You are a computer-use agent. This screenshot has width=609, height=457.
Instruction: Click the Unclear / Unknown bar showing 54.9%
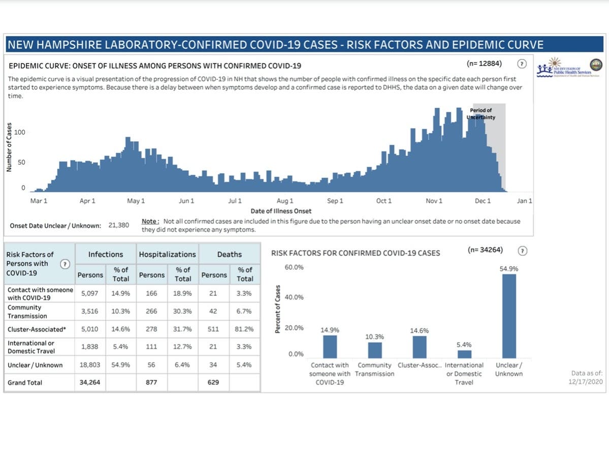click(x=508, y=316)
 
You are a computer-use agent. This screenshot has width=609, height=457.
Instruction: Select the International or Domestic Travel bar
click(x=464, y=354)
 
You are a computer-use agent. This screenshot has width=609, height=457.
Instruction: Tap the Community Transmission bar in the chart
click(x=374, y=350)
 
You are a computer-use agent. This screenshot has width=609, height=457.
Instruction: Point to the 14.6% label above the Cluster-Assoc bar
click(x=419, y=330)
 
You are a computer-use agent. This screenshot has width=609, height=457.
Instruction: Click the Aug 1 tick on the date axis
click(x=285, y=201)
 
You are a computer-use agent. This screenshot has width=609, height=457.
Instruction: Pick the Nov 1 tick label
click(x=434, y=201)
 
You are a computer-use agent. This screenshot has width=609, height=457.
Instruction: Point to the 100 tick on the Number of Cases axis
click(x=20, y=132)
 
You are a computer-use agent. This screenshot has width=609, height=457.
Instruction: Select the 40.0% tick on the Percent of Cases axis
click(x=294, y=297)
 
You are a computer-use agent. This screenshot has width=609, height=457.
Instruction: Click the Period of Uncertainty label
click(x=480, y=114)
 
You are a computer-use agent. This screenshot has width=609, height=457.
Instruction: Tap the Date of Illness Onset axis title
click(x=281, y=211)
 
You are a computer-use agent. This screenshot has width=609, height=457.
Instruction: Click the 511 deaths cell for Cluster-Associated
click(x=213, y=329)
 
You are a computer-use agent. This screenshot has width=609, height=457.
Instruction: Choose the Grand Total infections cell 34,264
click(x=89, y=382)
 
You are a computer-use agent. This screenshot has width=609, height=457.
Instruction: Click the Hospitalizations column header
click(x=167, y=255)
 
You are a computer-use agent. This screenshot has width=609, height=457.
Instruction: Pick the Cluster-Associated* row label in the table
click(x=37, y=329)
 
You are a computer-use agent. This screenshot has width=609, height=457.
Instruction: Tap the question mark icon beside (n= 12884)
click(x=522, y=64)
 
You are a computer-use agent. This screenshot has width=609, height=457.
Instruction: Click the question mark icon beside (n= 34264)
click(x=523, y=251)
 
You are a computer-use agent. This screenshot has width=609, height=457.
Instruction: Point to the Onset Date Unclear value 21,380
click(x=119, y=225)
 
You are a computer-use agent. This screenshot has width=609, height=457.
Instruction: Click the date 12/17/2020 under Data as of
click(x=586, y=382)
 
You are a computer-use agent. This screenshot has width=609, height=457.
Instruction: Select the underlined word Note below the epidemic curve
click(x=150, y=222)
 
